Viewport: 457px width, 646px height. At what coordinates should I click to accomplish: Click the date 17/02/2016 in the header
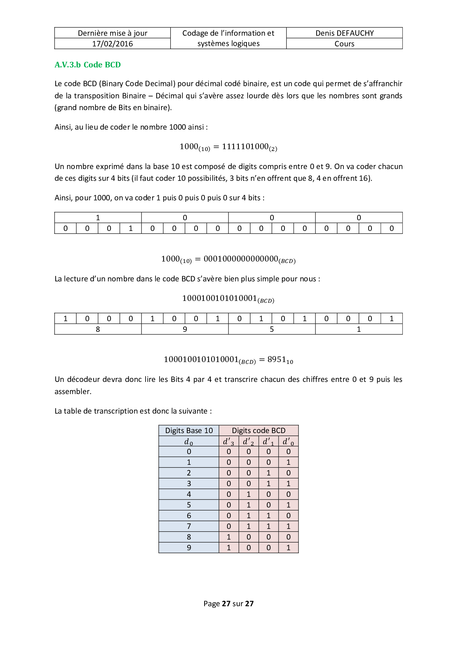click(112, 44)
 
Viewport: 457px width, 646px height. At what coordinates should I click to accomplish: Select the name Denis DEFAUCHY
click(344, 33)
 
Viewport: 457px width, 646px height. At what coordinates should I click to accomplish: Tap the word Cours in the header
click(344, 44)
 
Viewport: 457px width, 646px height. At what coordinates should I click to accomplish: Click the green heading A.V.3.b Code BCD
click(88, 65)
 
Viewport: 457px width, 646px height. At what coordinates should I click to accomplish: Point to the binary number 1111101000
click(245, 147)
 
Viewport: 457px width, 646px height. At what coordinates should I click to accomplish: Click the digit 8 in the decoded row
click(98, 329)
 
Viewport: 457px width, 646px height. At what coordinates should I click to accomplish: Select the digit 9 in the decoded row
click(185, 329)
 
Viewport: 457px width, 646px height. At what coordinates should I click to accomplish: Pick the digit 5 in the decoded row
click(272, 329)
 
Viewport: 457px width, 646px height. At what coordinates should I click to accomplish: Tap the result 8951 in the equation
click(277, 359)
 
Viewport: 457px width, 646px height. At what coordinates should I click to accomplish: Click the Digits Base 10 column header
click(189, 431)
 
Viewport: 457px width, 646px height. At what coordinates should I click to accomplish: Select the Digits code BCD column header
click(258, 431)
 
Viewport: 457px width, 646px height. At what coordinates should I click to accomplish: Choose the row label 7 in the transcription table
click(189, 526)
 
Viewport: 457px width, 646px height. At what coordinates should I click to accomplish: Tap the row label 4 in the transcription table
click(189, 494)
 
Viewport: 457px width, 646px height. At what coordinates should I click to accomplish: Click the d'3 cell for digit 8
click(228, 537)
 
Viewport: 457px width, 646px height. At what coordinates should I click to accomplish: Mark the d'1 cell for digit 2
click(268, 473)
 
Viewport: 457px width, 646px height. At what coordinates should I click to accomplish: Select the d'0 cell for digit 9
click(288, 548)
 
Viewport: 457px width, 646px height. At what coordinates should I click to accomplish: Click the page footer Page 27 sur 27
click(228, 604)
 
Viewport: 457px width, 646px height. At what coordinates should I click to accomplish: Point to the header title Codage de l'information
click(228, 33)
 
